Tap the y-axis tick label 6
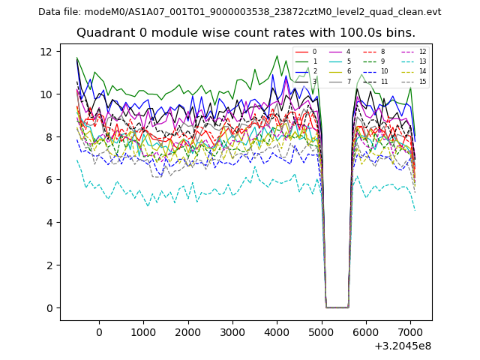click(47, 180)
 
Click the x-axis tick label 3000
click(232, 332)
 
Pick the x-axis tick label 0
click(99, 332)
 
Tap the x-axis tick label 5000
click(321, 332)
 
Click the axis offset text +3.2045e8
click(403, 346)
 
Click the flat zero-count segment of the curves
click(337, 307)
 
